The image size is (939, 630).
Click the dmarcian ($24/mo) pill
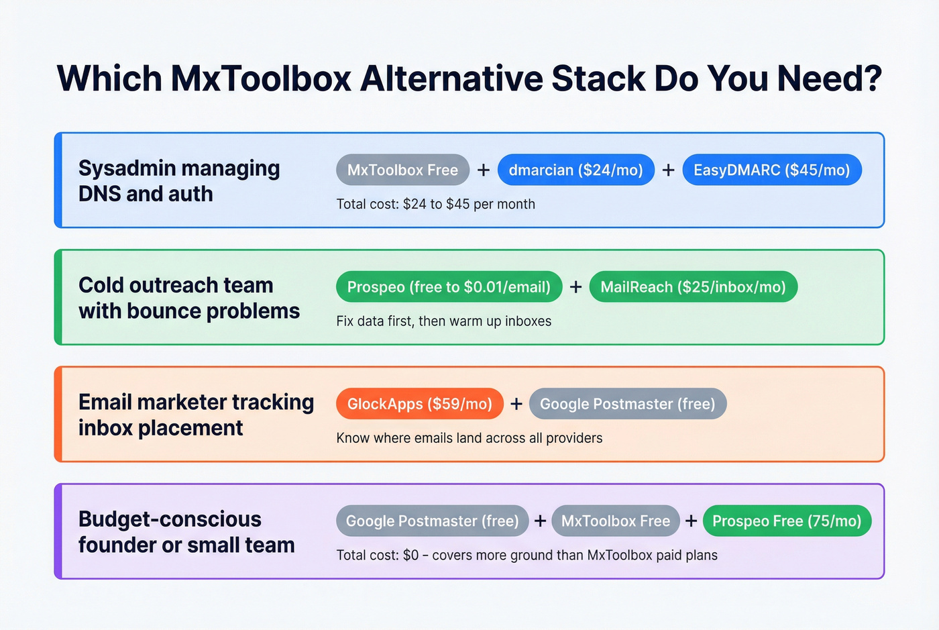(575, 170)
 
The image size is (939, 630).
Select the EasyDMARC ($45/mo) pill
(771, 170)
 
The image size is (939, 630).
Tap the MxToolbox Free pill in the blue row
(402, 170)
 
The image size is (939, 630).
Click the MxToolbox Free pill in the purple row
(615, 521)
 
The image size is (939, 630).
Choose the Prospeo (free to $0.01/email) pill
(449, 287)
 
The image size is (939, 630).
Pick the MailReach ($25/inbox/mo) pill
(693, 287)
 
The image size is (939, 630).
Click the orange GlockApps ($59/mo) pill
(419, 404)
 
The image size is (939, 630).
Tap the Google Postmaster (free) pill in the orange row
(627, 404)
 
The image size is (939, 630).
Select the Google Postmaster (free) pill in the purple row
(432, 521)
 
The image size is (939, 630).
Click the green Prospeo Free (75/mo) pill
(787, 521)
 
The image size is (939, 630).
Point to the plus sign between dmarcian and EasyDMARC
(668, 170)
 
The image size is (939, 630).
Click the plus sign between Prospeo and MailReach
(575, 287)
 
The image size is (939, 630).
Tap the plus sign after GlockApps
(516, 404)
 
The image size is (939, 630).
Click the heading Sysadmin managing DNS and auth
(178, 180)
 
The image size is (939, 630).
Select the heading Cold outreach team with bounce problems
(188, 298)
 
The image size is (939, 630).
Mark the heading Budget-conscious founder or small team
(186, 531)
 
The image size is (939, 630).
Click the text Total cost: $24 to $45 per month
(435, 204)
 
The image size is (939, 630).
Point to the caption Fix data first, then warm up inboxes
(443, 321)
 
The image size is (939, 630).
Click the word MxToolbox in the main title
(261, 78)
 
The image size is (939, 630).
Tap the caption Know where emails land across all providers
(469, 438)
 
